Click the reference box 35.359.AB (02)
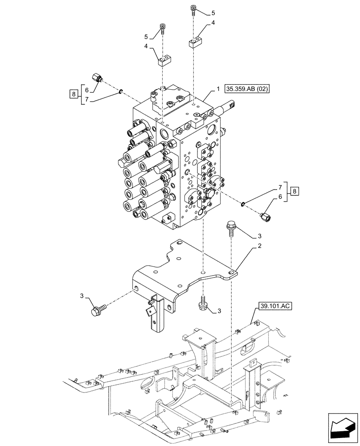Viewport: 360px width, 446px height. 247,89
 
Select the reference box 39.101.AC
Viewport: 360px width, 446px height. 274,306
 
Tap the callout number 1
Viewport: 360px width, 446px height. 218,89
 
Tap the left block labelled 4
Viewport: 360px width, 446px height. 164,60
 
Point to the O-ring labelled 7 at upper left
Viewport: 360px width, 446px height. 121,92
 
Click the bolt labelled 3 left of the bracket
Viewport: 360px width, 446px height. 97,310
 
